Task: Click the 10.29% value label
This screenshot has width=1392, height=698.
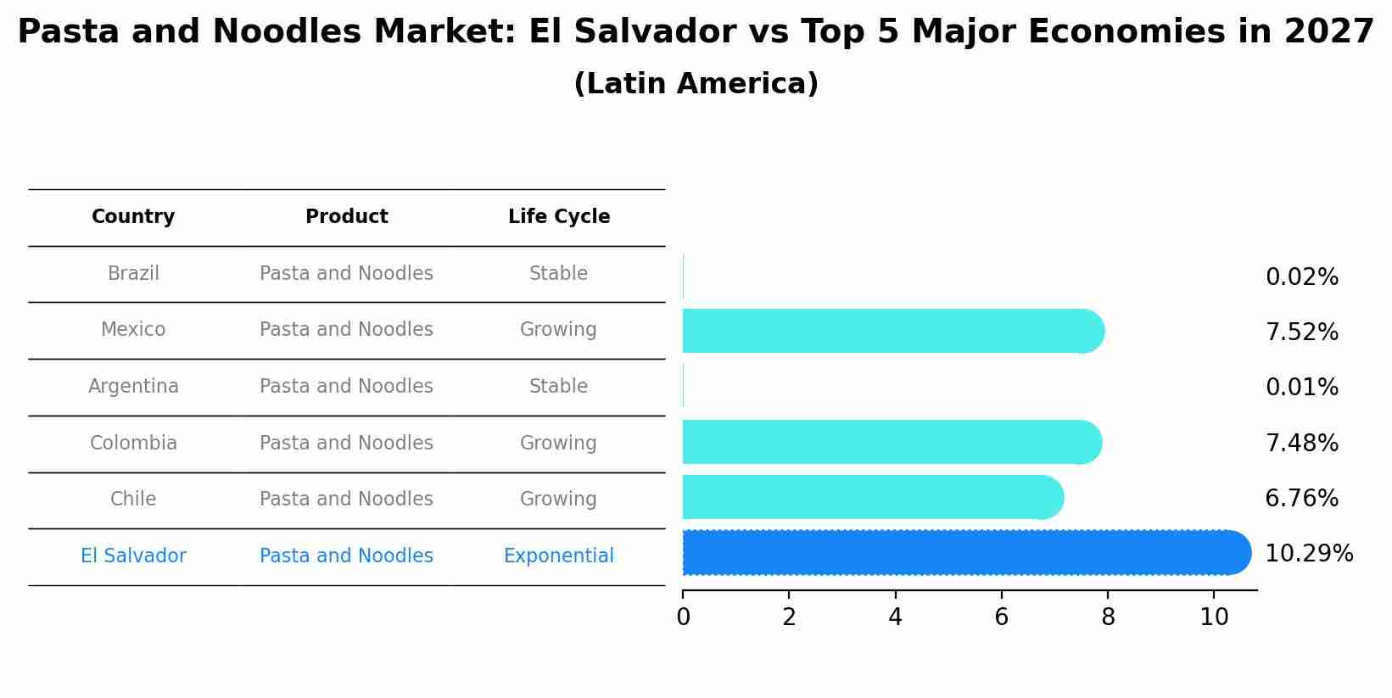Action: click(1308, 554)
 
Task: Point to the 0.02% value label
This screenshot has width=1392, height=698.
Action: click(1301, 277)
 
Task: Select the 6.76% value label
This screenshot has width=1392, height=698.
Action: click(1301, 499)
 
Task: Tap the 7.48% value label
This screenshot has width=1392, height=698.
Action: click(1301, 444)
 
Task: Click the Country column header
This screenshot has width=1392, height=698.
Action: click(133, 217)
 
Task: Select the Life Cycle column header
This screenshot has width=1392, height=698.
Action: click(559, 217)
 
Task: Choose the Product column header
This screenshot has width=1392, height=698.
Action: click(346, 217)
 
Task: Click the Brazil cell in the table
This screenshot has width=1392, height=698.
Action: click(133, 274)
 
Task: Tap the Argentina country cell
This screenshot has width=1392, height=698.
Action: click(133, 387)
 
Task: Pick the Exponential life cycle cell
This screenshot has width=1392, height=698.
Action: click(558, 556)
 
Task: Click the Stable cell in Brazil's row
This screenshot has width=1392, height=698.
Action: click(558, 274)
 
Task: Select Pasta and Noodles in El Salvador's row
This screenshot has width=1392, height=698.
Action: click(346, 556)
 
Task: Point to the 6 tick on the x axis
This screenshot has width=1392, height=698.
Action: click(1001, 617)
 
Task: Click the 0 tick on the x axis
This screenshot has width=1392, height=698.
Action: click(683, 617)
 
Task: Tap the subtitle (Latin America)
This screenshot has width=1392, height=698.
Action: click(696, 84)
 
